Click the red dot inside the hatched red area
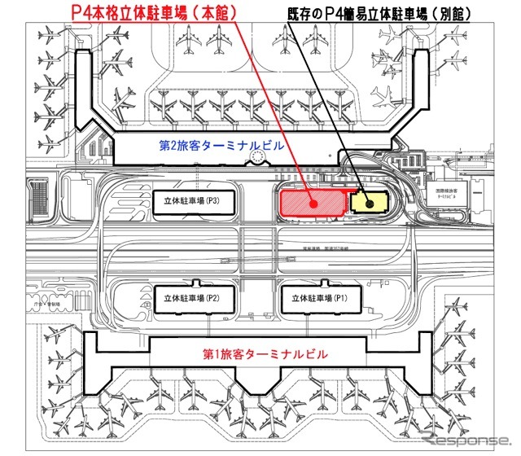pos(311,204)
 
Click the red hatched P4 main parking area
pos(297,199)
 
